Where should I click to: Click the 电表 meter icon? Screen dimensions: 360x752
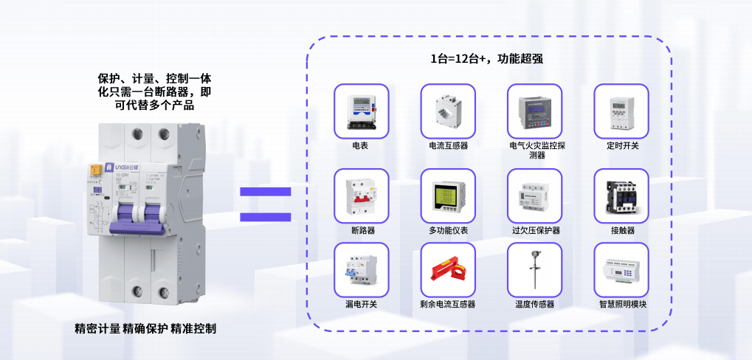click(361, 111)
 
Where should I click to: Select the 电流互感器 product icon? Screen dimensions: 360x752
click(448, 111)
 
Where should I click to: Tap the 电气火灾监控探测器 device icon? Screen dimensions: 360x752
click(535, 111)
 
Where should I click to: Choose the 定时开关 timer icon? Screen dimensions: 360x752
click(621, 111)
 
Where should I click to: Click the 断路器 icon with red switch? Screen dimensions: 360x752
click(361, 196)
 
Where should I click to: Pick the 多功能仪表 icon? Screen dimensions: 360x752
click(448, 196)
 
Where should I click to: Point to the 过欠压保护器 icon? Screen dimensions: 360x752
click(535, 196)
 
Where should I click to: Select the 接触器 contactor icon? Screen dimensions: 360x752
click(621, 196)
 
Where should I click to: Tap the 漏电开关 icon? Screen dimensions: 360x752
click(361, 270)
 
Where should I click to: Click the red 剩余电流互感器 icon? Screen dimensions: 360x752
click(448, 270)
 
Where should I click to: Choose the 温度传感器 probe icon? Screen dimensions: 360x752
click(535, 270)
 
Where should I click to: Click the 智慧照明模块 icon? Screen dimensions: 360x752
click(621, 270)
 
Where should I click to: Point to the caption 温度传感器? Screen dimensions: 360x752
click(535, 304)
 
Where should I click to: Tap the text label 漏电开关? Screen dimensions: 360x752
click(361, 304)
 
